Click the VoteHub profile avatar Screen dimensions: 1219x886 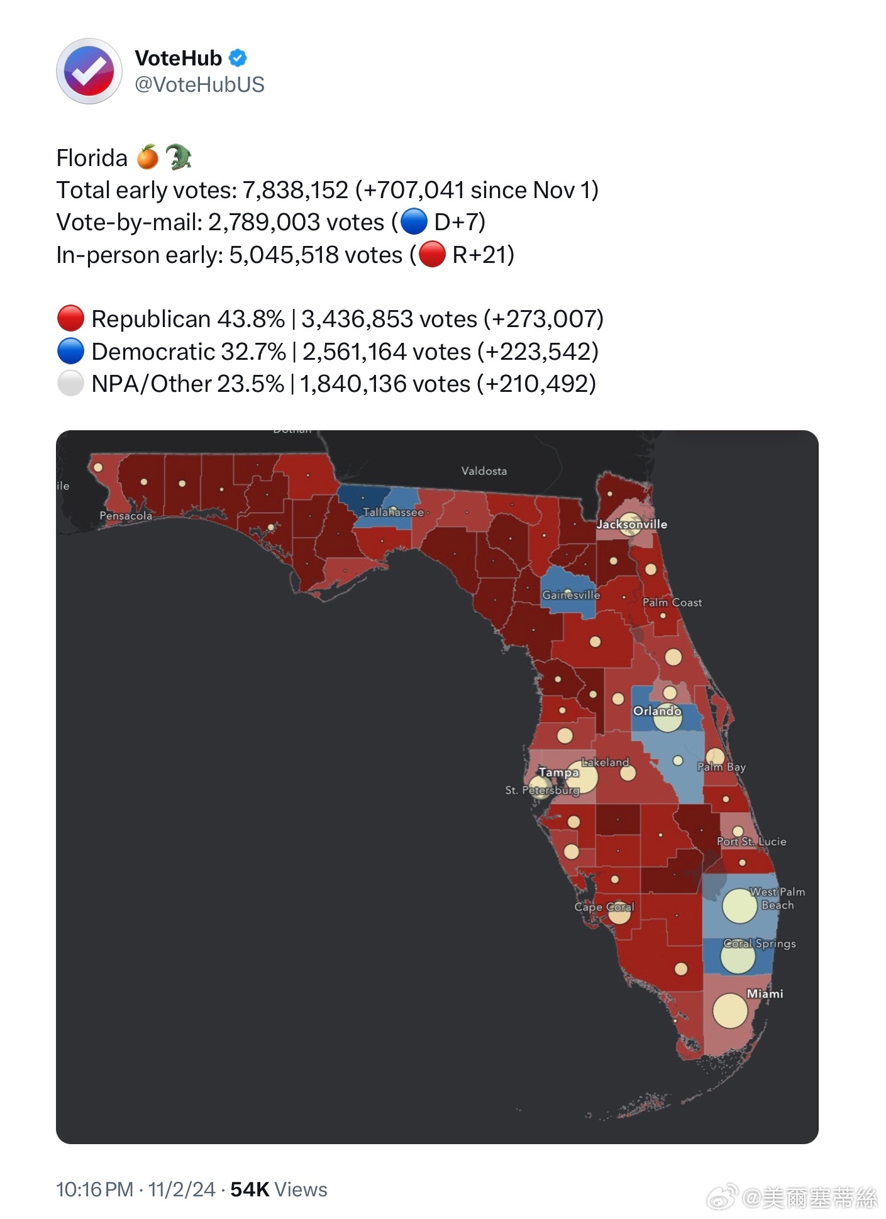point(89,71)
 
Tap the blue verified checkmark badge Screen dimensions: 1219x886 point(238,58)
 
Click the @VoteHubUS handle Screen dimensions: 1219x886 point(199,85)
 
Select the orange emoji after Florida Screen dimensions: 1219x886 point(148,157)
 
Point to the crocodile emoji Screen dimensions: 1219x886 point(178,157)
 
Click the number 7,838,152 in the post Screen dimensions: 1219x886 point(295,190)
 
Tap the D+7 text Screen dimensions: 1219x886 point(459,222)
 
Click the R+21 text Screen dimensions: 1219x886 point(483,255)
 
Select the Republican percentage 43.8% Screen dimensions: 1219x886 point(251,319)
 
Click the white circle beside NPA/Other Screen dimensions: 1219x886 point(70,384)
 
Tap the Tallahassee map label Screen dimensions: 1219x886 point(393,512)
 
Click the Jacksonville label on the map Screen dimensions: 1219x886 point(631,524)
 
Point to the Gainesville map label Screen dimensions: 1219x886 point(571,594)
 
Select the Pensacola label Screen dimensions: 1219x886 point(126,516)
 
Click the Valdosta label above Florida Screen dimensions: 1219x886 point(484,470)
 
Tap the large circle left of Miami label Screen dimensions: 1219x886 point(729,1011)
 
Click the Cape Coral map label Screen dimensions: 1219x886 point(604,906)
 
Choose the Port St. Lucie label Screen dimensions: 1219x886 point(751,841)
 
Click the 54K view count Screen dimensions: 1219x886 point(250,1189)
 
